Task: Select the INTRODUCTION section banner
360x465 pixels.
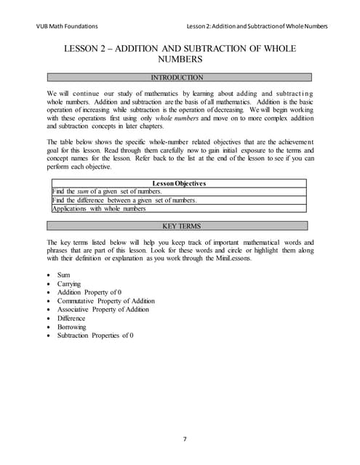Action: click(179, 76)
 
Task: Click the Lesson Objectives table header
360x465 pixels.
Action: click(179, 183)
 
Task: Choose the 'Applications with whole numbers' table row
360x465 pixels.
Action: click(99, 209)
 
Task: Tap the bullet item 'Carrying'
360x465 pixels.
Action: click(69, 284)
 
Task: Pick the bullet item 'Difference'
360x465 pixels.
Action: click(71, 318)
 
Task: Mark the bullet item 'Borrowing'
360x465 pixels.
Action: click(72, 327)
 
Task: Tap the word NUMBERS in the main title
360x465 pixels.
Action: click(179, 60)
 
